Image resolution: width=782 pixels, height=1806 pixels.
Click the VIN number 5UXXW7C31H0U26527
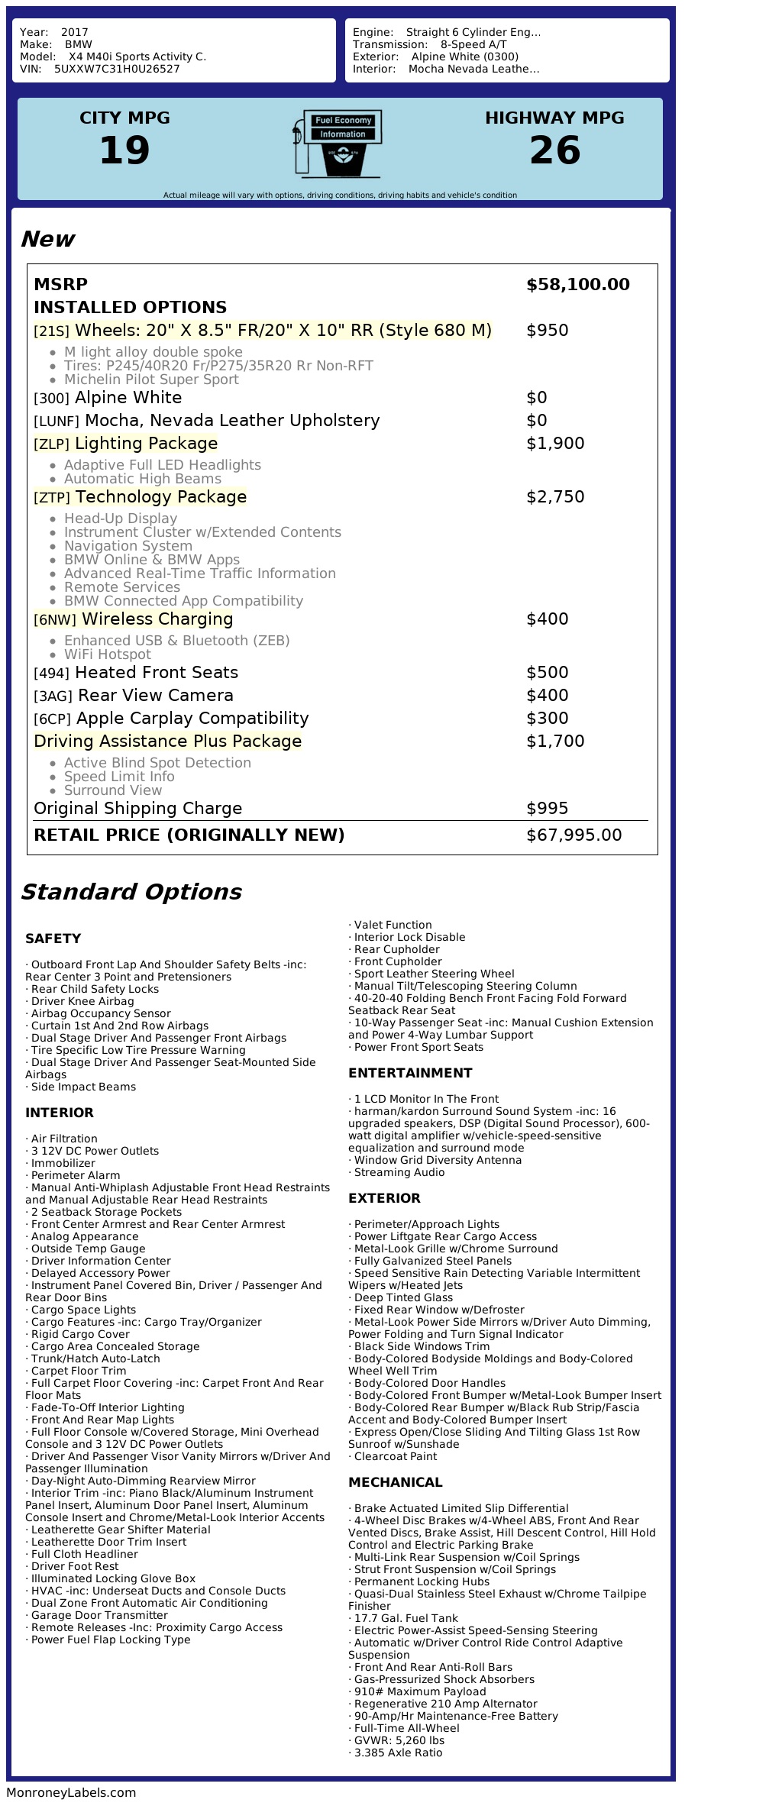click(x=117, y=69)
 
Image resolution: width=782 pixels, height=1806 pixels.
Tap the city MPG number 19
click(x=124, y=150)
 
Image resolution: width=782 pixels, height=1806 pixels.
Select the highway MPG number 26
click(x=554, y=150)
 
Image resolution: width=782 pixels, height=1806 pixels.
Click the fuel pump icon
click(x=337, y=143)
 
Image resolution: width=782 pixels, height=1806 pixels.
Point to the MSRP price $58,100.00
click(x=577, y=285)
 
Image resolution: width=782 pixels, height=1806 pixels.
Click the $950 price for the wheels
click(x=547, y=331)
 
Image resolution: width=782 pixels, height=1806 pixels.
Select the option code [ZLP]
click(x=52, y=444)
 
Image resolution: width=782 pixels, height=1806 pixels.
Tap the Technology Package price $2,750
click(x=554, y=497)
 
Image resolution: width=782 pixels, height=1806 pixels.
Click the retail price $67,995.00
click(x=574, y=835)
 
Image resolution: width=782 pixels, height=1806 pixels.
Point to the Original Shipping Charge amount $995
click(x=547, y=809)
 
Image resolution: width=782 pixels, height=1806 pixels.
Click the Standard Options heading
click(x=131, y=892)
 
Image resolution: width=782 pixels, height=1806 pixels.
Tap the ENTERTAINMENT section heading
click(x=410, y=1073)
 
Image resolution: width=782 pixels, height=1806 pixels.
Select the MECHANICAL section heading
click(x=395, y=1482)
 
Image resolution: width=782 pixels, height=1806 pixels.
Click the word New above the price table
click(x=47, y=239)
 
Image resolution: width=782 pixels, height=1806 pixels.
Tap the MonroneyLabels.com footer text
click(x=71, y=1792)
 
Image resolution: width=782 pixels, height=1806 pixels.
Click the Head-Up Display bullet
click(x=120, y=519)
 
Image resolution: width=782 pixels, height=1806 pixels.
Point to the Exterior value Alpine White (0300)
click(x=464, y=57)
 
